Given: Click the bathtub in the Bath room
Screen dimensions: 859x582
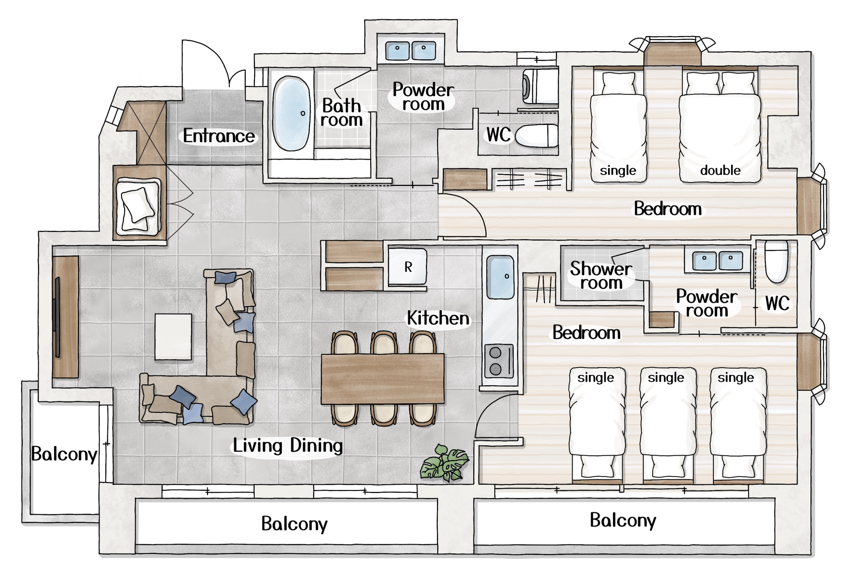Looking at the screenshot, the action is (x=292, y=113).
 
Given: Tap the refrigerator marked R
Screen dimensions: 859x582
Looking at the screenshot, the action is (x=408, y=266).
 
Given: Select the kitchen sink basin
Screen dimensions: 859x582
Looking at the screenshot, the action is (x=500, y=277).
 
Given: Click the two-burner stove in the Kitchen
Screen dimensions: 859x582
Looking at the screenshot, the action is (x=499, y=361).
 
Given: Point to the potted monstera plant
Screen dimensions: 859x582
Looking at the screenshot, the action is (x=445, y=463).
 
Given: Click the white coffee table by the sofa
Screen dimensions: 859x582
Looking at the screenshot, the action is (x=174, y=336).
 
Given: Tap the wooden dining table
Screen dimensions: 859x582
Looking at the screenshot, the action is (x=383, y=378).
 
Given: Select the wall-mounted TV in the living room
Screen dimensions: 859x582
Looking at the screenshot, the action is (x=57, y=317).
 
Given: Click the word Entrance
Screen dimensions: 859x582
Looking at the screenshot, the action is (x=219, y=136).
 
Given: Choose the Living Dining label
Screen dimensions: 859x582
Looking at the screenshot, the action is (x=288, y=445).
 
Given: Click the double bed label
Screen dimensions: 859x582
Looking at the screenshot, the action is (x=720, y=171).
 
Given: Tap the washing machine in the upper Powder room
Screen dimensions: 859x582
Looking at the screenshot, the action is (x=540, y=86).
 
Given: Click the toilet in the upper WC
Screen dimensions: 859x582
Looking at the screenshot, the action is (x=536, y=136).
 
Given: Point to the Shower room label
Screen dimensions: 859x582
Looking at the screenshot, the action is (x=601, y=275).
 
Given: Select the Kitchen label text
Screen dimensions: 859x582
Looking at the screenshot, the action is (x=438, y=318).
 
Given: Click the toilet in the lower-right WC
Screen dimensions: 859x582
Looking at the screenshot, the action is (x=777, y=261).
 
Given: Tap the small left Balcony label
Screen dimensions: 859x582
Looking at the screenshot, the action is (x=64, y=454).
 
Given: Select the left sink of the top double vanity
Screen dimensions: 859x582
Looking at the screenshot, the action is (x=397, y=51).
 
